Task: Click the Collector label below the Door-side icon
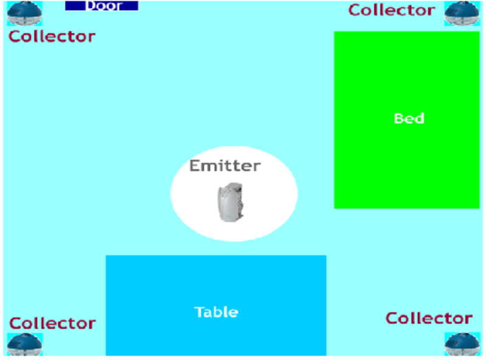pyautogui.click(x=52, y=36)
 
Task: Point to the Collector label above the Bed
pyautogui.click(x=391, y=10)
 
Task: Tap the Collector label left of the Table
pyautogui.click(x=52, y=324)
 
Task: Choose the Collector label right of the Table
pyautogui.click(x=429, y=318)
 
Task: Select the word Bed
pyautogui.click(x=409, y=119)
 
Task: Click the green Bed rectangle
pyautogui.click(x=407, y=164)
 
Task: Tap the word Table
pyautogui.click(x=216, y=312)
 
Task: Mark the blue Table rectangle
pyautogui.click(x=216, y=280)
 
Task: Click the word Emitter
pyautogui.click(x=225, y=165)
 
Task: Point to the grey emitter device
pyautogui.click(x=231, y=202)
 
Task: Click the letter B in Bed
pyautogui.click(x=399, y=119)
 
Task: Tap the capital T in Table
pyautogui.click(x=199, y=312)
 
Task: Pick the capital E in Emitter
pyautogui.click(x=194, y=165)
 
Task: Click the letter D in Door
pyautogui.click(x=90, y=6)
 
